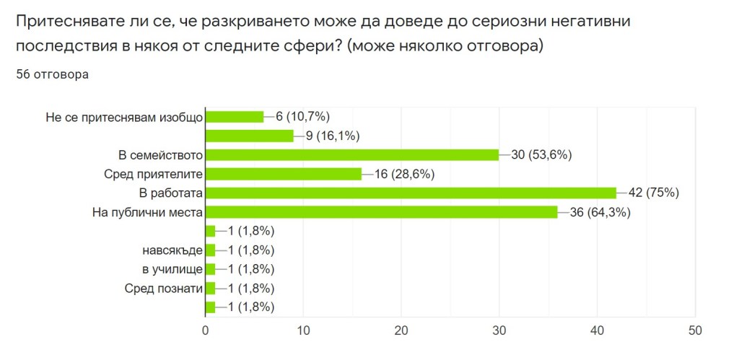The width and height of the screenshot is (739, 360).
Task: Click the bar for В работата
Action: [x=411, y=193]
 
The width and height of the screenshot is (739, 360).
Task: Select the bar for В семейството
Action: [x=352, y=154]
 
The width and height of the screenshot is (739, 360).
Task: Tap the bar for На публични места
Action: [x=382, y=212]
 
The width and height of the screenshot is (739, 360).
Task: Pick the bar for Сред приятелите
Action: [x=284, y=174]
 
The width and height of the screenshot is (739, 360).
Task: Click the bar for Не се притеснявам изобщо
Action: [x=235, y=116]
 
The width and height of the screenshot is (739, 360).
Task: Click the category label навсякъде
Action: [x=172, y=250]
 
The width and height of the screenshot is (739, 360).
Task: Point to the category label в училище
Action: [x=173, y=269]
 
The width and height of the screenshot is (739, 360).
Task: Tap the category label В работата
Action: [x=170, y=193]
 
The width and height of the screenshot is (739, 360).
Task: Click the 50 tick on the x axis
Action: [x=694, y=330]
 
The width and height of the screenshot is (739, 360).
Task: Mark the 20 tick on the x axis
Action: [x=401, y=330]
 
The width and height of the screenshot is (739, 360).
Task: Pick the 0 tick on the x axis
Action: [x=206, y=330]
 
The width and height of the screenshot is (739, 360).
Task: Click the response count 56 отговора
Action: [x=52, y=74]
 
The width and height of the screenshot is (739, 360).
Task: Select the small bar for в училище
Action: [x=211, y=269]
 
